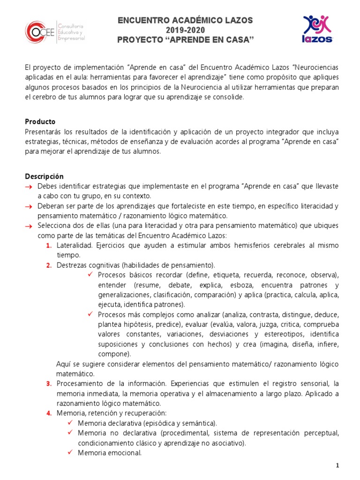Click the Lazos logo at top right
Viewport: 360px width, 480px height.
[317, 29]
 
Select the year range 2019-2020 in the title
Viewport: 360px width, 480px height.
[185, 30]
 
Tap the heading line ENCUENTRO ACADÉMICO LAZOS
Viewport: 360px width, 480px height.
[185, 20]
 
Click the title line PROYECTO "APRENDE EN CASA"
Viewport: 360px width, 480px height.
[185, 40]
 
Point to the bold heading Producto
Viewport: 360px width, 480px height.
[40, 121]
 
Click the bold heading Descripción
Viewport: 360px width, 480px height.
[44, 177]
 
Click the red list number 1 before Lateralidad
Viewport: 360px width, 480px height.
[49, 246]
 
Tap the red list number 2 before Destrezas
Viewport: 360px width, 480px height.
[49, 265]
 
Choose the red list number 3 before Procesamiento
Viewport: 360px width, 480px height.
[49, 384]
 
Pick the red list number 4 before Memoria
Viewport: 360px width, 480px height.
[49, 413]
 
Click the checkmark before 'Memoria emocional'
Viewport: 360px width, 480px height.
[70, 452]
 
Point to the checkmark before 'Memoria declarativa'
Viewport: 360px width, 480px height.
[70, 423]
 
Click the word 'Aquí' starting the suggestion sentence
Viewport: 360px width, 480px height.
[63, 364]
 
